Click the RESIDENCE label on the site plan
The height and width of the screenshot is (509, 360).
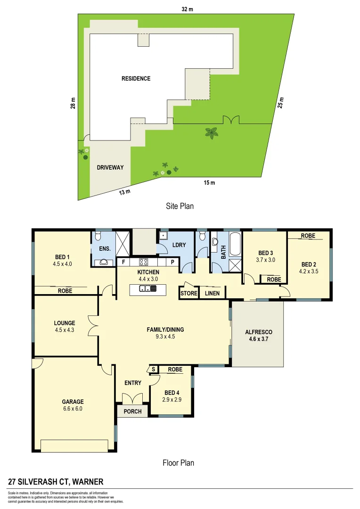tap(136, 79)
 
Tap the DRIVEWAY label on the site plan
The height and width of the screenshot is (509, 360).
tap(113, 167)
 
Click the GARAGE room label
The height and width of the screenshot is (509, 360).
tap(73, 402)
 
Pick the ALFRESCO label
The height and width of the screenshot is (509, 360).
tap(258, 332)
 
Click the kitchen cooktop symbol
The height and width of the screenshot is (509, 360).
tap(143, 263)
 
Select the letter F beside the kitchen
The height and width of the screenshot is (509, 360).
tap(123, 262)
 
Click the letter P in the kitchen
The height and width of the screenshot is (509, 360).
tap(172, 262)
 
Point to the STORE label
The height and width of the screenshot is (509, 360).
tap(188, 294)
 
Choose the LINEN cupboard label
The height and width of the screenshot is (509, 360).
tap(212, 294)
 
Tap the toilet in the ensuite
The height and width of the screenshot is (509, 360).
tap(98, 234)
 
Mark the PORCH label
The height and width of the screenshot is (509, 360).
tap(132, 411)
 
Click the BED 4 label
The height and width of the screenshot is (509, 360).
tap(172, 393)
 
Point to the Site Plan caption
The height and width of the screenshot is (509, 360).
tap(180, 206)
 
